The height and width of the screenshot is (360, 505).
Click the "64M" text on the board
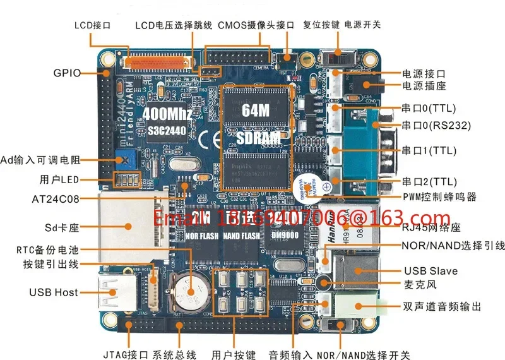tap(256, 109)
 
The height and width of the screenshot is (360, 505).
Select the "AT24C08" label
tap(56, 199)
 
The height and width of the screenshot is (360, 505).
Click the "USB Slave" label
tap(431, 271)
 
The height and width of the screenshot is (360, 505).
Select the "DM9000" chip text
tap(285, 235)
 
